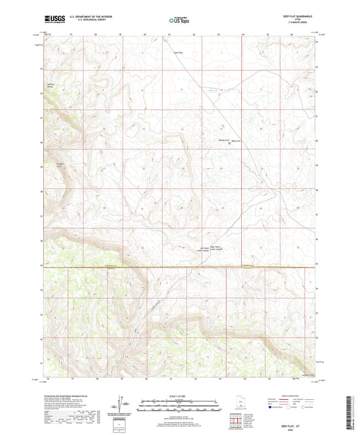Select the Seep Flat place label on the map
(x=178, y=53)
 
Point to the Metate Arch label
(x=218, y=141)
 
